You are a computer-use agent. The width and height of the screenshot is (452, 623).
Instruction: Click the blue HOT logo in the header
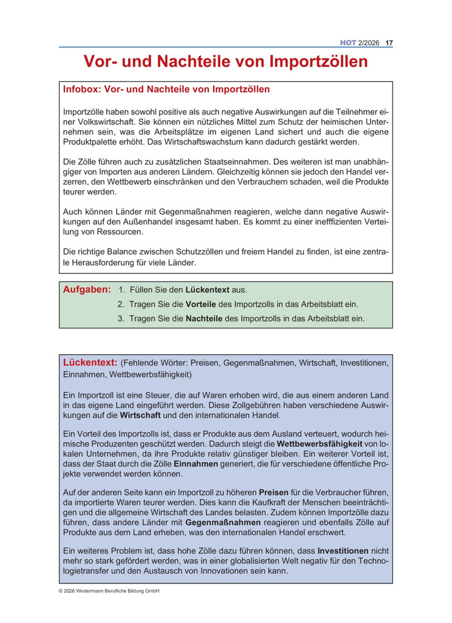pos(348,43)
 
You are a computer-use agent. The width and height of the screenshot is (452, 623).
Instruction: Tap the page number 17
pos(389,43)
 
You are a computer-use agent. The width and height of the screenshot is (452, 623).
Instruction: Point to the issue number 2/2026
pos(370,43)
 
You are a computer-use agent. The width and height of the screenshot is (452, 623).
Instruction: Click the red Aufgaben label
pos(87,290)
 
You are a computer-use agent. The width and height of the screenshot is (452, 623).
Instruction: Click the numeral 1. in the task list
pos(122,290)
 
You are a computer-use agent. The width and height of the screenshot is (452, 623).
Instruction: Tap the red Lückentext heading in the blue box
pos(90,362)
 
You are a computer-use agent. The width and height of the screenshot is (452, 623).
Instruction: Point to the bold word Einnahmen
pos(196,463)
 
